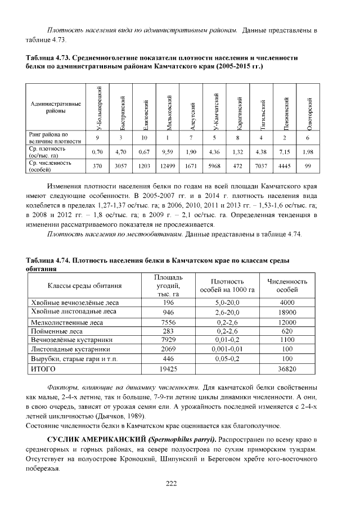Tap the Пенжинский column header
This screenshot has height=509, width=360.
point(286,111)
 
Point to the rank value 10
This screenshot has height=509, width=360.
point(145,138)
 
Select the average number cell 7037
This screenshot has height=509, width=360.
point(263,166)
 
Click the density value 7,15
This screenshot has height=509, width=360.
point(286,152)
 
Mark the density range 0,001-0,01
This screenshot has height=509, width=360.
point(228,349)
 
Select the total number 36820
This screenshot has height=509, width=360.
point(287,368)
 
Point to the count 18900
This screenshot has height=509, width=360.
point(287,312)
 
